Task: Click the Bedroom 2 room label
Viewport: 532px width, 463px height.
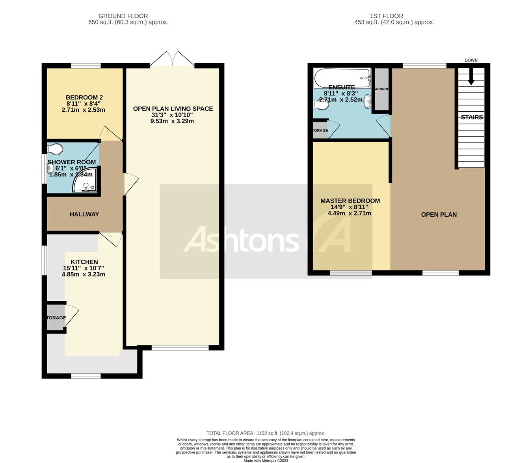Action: point(84,97)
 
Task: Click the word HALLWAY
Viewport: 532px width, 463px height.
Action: point(84,214)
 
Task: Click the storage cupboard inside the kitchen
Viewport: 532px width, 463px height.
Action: point(56,318)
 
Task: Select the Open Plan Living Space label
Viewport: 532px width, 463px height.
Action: point(173,109)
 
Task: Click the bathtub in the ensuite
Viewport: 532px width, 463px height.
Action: point(342,78)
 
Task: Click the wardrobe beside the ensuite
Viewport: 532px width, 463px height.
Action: point(381,89)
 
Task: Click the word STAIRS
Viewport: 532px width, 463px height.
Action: point(472,117)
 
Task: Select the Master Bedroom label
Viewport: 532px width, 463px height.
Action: point(350,201)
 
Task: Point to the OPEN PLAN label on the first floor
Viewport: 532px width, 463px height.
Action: point(439,215)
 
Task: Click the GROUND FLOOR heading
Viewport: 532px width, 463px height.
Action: point(123,16)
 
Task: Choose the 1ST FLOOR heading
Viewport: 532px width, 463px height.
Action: point(386,16)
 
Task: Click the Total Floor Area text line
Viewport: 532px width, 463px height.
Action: point(266,433)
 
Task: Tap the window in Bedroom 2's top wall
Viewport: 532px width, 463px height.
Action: point(86,66)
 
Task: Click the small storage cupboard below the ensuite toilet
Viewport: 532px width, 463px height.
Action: point(320,130)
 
